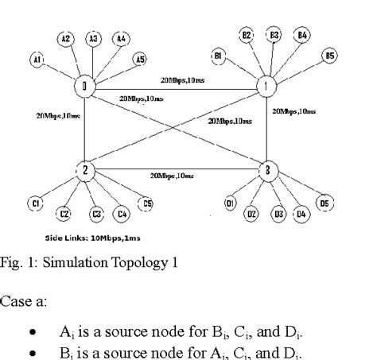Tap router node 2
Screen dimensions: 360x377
coord(84,171)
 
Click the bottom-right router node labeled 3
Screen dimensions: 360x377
coord(270,171)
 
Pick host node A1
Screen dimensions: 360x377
coord(37,57)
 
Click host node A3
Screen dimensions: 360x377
coord(93,37)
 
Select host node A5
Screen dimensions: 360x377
coord(140,58)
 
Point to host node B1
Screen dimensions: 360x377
coord(217,54)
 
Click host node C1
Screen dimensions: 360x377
coord(36,203)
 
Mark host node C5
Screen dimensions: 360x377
coord(147,203)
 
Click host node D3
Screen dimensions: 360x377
coord(279,214)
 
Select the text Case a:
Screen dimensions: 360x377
coord(21,301)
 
